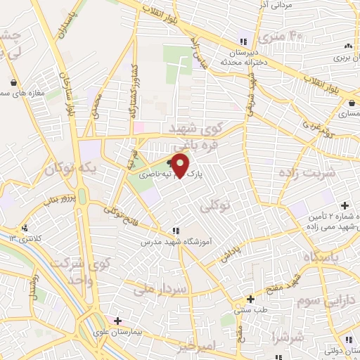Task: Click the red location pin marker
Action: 181,165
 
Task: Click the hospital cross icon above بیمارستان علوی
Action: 117,321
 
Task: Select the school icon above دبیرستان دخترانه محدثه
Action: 245,41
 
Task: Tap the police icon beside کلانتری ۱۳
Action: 25,227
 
